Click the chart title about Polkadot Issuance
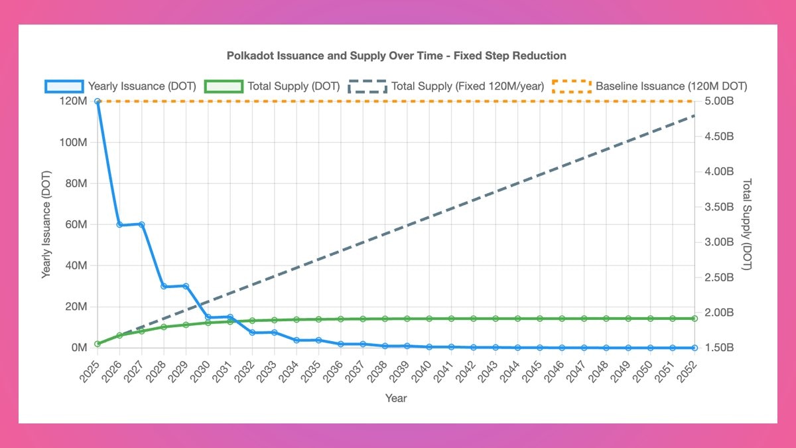tap(397, 55)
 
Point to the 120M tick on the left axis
tap(73, 102)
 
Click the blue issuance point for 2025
tap(98, 102)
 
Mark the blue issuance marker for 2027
tap(141, 224)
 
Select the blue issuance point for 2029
tap(186, 286)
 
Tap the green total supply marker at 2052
tap(695, 319)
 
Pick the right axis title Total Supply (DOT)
tap(748, 224)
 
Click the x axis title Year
tap(396, 398)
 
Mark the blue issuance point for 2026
tap(119, 225)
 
